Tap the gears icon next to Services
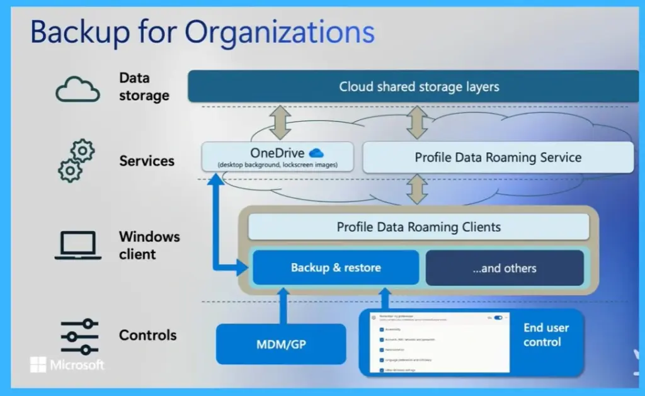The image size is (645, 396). (x=76, y=161)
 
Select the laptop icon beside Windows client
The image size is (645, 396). (x=77, y=245)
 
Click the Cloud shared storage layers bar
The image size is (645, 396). (x=419, y=87)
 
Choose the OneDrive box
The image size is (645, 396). (x=277, y=157)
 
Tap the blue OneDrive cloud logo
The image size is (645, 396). (x=316, y=152)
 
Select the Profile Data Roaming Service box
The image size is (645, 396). (x=498, y=157)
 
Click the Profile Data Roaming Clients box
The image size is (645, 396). (x=419, y=227)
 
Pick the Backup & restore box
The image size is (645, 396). (x=336, y=268)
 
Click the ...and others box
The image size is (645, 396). (x=505, y=268)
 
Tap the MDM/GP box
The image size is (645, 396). (x=281, y=344)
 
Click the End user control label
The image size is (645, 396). (x=545, y=335)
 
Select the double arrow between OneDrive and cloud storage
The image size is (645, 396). (x=280, y=123)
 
